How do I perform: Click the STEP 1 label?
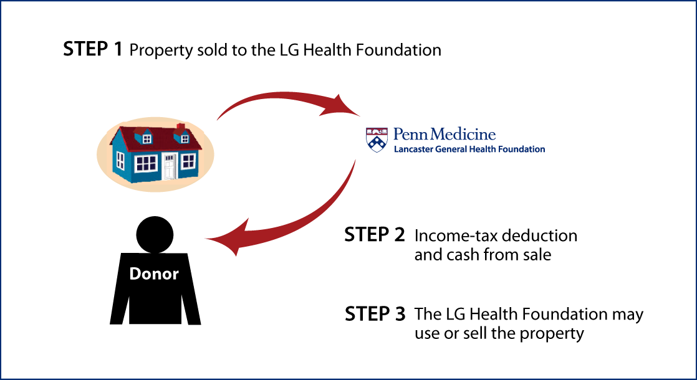(92, 49)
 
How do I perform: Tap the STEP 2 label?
(375, 235)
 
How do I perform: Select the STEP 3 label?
(375, 314)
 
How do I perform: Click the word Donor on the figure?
(154, 273)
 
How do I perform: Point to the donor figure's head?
(155, 234)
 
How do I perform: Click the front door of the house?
(170, 166)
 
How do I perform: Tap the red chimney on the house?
(180, 129)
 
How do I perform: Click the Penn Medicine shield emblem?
(377, 140)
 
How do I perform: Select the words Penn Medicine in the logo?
(445, 135)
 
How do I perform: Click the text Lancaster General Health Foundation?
(469, 149)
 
